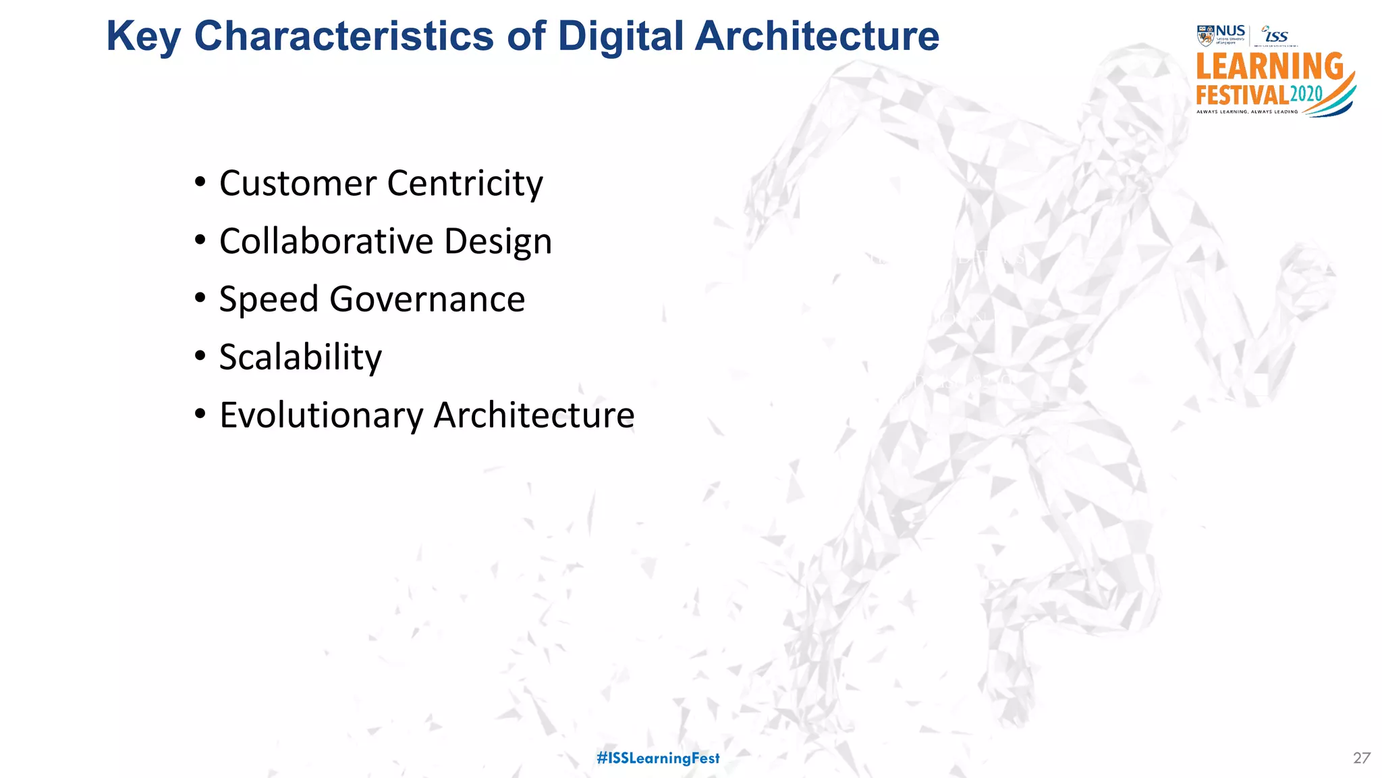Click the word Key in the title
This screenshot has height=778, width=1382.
point(143,36)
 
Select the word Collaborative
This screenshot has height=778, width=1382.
point(326,242)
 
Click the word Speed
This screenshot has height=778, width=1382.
point(268,300)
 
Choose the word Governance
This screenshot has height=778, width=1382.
point(427,300)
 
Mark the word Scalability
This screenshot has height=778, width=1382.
point(300,358)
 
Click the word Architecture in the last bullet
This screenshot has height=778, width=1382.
point(534,415)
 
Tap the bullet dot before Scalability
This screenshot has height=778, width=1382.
point(200,356)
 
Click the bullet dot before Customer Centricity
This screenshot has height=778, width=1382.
point(200,182)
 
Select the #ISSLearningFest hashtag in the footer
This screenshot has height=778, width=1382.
point(658,758)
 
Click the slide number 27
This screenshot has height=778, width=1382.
point(1361,758)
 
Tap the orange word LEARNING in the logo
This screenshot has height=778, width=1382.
point(1269,68)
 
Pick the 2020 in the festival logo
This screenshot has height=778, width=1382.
point(1306,94)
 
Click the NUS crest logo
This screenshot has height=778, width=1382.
point(1205,35)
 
